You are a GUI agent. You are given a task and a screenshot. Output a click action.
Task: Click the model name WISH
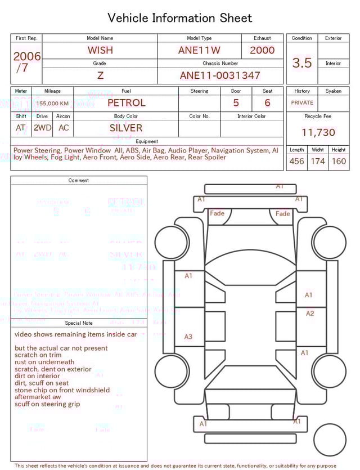(100, 50)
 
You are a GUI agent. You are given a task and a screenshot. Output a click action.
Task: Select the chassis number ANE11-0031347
(220, 75)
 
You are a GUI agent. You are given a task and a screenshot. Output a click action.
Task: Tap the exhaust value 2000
(262, 50)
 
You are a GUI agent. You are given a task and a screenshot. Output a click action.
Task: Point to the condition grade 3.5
(302, 63)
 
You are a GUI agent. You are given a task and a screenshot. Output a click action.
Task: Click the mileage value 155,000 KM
(53, 104)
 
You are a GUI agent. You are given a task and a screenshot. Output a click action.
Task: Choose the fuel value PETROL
(126, 103)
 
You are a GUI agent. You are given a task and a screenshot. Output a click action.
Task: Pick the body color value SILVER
(126, 128)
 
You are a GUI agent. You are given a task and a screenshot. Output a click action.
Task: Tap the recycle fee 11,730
(318, 133)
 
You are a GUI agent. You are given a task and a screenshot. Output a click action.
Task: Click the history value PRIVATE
(302, 103)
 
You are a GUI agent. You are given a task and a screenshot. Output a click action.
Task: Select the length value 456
(296, 161)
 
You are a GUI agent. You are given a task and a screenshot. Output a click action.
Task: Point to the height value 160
(339, 161)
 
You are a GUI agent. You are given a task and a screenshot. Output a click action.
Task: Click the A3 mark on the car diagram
(188, 337)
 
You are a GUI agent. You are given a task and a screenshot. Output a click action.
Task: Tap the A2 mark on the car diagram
(310, 314)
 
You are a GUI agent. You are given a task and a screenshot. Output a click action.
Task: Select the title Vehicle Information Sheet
(180, 18)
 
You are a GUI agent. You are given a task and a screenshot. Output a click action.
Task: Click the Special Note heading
(79, 323)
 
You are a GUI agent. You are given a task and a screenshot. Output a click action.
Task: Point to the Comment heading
(79, 181)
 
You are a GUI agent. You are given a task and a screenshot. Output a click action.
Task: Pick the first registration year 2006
(27, 57)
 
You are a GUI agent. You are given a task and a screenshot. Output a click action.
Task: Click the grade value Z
(100, 75)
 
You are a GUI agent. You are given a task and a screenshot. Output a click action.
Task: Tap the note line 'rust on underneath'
(44, 362)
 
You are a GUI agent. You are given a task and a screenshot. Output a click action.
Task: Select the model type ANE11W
(199, 50)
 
